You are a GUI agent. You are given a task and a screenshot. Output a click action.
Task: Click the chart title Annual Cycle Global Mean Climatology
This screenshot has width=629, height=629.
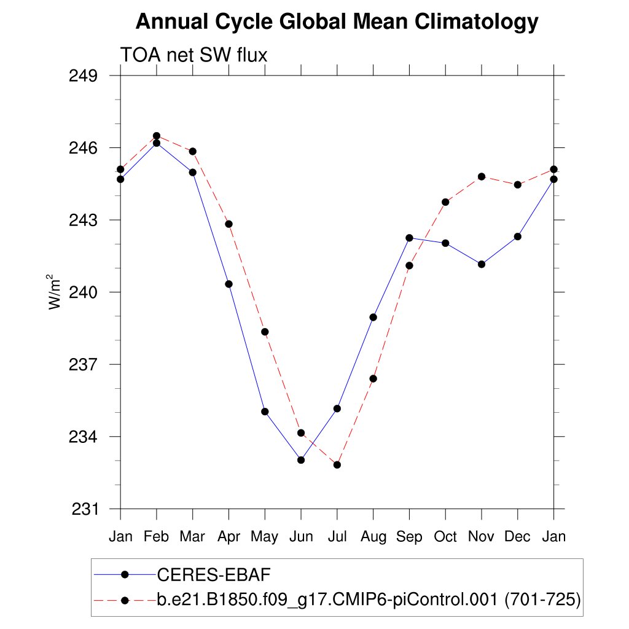click(337, 22)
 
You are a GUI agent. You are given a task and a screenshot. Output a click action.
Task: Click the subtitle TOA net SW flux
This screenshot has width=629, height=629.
click(193, 55)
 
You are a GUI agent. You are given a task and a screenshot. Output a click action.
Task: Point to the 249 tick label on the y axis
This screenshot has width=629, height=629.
click(85, 76)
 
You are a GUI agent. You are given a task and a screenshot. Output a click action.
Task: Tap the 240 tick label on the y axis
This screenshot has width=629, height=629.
click(85, 292)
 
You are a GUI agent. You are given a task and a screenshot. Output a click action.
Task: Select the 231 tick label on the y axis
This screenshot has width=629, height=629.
click(85, 509)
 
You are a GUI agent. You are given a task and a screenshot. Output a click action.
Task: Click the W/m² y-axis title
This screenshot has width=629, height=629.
click(55, 292)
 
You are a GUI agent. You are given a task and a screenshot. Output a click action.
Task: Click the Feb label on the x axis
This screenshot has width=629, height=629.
click(157, 536)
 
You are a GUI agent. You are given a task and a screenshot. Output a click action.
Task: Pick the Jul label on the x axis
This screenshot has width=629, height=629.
click(337, 536)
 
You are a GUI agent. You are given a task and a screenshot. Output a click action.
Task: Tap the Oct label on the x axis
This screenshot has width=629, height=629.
click(445, 536)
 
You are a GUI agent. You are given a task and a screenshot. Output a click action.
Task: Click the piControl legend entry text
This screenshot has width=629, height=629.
click(369, 600)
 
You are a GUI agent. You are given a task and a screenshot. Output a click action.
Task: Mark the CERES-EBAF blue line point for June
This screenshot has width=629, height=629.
click(301, 459)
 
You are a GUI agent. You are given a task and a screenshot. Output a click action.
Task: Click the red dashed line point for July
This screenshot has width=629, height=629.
click(337, 464)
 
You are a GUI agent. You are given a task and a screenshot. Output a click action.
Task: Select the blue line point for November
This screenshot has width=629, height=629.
click(482, 264)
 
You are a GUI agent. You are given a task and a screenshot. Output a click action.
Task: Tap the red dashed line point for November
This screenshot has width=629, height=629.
click(482, 176)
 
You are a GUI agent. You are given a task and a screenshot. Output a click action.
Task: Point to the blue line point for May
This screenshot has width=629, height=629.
click(265, 412)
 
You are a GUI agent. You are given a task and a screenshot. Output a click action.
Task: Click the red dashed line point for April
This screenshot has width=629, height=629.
click(229, 224)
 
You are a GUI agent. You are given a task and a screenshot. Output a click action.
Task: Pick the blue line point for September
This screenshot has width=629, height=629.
click(409, 238)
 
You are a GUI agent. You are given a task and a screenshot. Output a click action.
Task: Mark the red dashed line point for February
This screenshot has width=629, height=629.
click(157, 136)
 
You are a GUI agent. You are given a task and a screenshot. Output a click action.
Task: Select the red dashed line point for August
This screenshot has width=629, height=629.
click(373, 378)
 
